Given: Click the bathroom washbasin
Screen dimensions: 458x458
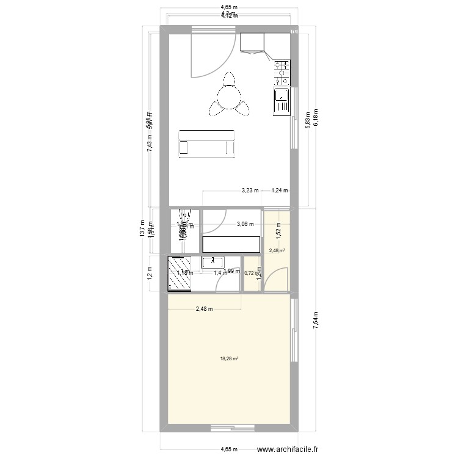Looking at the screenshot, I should point(212,263).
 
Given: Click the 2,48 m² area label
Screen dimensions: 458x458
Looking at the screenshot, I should point(275,250).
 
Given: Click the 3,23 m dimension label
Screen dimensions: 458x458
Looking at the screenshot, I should point(250,191).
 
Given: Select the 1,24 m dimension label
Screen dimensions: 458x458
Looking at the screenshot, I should point(280,191).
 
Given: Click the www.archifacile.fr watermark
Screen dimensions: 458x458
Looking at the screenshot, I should point(288,449).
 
